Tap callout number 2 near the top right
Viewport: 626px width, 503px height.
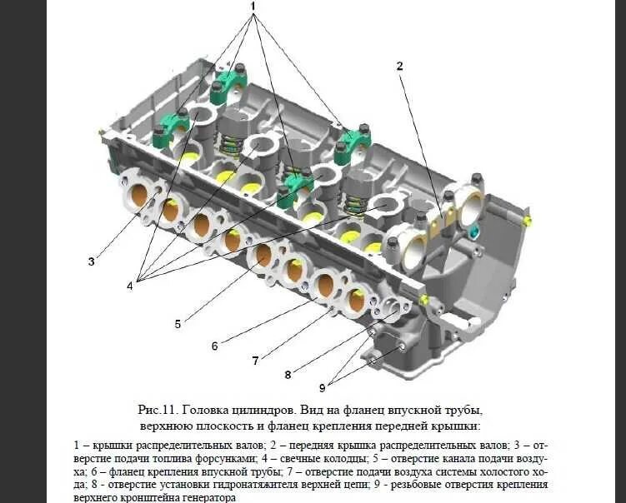(x=399, y=65)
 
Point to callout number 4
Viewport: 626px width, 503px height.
(x=130, y=286)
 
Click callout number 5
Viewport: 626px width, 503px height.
(x=177, y=324)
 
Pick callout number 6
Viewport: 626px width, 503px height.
(x=214, y=346)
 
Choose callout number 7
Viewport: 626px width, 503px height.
(x=255, y=361)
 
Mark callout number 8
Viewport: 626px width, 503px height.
(x=288, y=375)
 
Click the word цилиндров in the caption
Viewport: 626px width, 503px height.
(x=274, y=411)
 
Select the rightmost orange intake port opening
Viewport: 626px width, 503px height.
(x=357, y=299)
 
